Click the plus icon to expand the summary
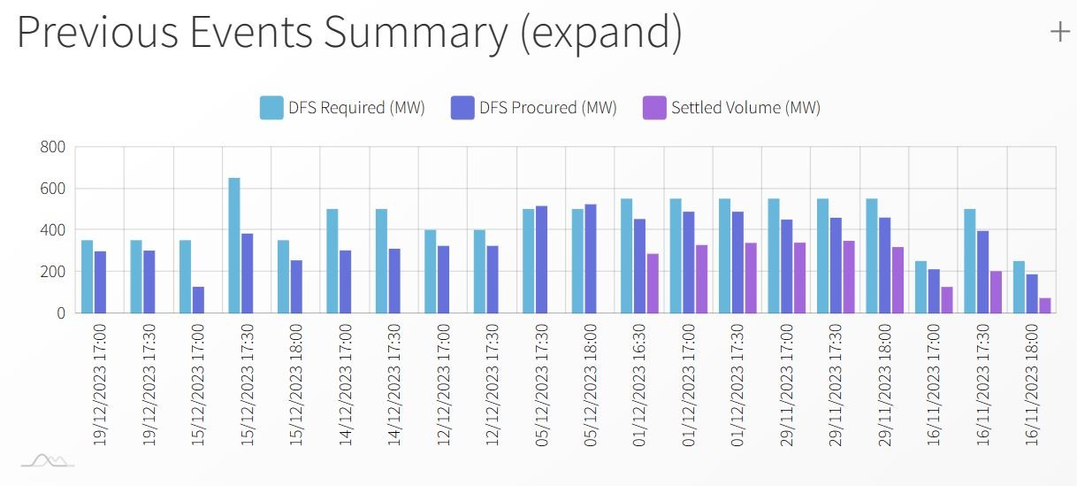(x=1059, y=33)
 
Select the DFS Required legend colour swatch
(x=271, y=107)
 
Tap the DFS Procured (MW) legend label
(x=548, y=107)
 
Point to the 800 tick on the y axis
(x=52, y=147)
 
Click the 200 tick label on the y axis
(x=52, y=272)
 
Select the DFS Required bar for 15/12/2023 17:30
(x=234, y=245)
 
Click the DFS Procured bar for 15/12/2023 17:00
(x=198, y=300)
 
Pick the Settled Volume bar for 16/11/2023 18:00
(x=1045, y=305)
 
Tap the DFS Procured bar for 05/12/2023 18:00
(x=591, y=258)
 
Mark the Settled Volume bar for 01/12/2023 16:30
(x=653, y=283)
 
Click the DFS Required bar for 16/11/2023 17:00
(x=920, y=288)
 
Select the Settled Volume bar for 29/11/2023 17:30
(x=849, y=277)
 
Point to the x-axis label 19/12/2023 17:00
(x=100, y=385)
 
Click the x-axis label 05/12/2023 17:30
(x=541, y=385)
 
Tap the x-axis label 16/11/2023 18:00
(x=1032, y=385)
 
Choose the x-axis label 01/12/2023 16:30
(x=639, y=385)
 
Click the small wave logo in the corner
(x=48, y=460)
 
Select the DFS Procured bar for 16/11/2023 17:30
(x=982, y=273)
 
